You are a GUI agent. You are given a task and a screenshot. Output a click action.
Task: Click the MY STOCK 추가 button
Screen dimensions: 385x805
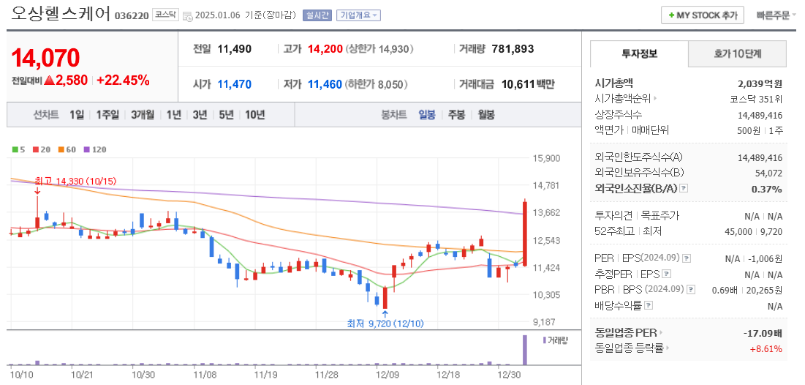point(702,15)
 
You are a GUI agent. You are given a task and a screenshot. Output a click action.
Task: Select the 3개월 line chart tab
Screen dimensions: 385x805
point(143,115)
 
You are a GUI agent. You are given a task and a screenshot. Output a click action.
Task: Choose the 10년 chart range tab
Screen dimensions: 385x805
point(255,115)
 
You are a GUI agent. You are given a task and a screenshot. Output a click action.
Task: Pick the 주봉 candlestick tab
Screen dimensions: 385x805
point(456,115)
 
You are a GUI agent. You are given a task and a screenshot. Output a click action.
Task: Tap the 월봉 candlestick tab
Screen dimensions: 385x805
point(485,115)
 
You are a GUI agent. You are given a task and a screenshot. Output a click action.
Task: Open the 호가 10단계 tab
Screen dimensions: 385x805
point(737,53)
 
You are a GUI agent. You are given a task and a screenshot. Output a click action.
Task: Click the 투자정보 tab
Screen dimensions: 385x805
point(640,53)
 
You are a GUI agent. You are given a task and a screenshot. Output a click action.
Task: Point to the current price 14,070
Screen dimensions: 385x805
point(45,58)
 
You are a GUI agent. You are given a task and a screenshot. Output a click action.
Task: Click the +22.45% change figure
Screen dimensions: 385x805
point(123,81)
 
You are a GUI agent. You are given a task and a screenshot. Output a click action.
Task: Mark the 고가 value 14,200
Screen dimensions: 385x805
point(325,49)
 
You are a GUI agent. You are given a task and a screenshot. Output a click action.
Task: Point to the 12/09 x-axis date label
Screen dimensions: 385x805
point(388,374)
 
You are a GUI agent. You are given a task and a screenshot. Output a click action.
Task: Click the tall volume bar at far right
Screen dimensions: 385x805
point(524,350)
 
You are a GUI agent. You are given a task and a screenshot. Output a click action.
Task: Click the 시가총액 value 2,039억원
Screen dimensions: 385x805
point(760,83)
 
